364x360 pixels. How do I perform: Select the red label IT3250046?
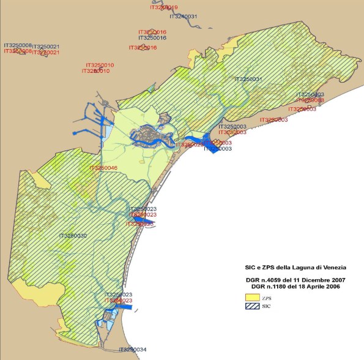(x=103, y=168)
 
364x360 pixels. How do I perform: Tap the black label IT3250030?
(x=73, y=236)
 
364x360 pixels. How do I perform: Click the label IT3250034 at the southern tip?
(x=132, y=350)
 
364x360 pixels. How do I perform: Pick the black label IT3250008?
(x=18, y=45)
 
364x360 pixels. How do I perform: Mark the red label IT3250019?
(x=164, y=7)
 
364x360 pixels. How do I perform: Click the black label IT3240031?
(x=182, y=17)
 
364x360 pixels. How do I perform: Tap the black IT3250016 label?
(x=153, y=38)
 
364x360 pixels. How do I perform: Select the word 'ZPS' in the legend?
(x=266, y=297)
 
